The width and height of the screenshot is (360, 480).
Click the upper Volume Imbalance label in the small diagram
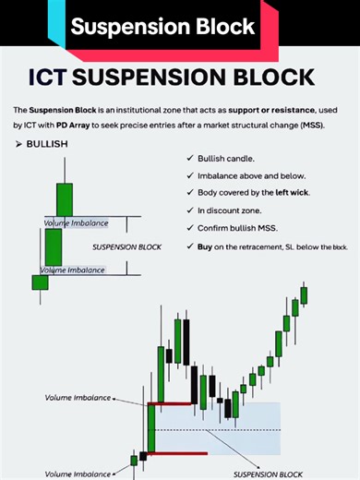click(76, 223)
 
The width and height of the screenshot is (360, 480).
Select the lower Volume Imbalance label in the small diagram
click(71, 270)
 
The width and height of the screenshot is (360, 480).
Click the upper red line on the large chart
click(170, 403)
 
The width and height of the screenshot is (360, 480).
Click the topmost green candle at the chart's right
click(304, 294)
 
